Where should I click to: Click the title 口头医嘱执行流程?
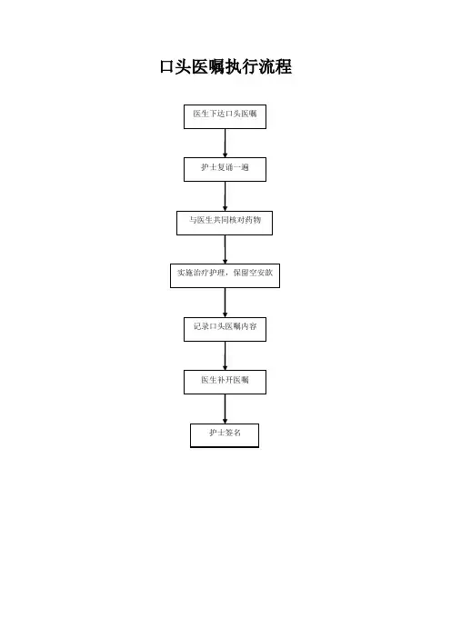point(225,66)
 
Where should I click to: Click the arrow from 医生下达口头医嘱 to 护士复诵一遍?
point(225,144)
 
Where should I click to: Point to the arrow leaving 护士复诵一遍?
point(225,196)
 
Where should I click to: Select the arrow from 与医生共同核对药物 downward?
point(225,249)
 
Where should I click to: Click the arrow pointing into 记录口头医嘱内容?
point(225,303)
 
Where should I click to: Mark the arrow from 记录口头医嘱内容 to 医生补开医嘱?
point(225,355)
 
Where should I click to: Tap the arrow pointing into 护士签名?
point(225,409)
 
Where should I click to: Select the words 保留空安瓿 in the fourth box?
point(253,273)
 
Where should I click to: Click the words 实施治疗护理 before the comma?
point(201,273)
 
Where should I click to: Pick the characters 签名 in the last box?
point(233,433)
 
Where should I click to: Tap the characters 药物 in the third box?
point(253,220)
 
